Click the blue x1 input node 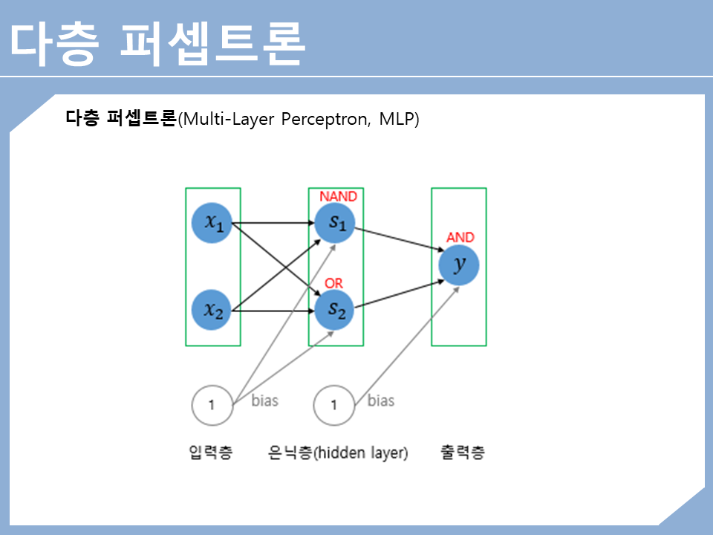pos(212,221)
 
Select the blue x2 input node pos(212,310)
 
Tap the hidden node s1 pos(335,221)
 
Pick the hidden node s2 pos(335,310)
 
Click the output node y pos(458,265)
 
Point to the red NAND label pos(338,196)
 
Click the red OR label pos(334,284)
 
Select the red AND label pos(460,238)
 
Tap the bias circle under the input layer pos(212,405)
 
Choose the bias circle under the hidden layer pos(334,405)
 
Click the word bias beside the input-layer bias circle pos(264,401)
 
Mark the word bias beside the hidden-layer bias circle pos(380,401)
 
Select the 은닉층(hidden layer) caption pos(338,453)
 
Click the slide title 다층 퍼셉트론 pos(157,42)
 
